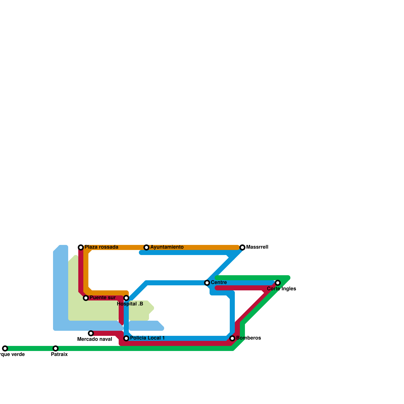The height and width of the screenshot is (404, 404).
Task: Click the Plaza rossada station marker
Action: [81, 247]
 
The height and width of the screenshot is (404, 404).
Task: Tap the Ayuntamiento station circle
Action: [146, 247]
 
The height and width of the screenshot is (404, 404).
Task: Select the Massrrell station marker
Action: [242, 247]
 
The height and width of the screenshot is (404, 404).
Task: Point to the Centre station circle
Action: [207, 283]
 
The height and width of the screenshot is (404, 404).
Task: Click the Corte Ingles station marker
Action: [278, 283]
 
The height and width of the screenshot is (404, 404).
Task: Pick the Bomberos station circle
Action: [232, 338]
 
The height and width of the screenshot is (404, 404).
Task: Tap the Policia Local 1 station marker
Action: [126, 338]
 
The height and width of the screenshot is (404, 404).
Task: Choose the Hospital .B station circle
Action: [126, 298]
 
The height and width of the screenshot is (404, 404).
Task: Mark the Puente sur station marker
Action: [86, 298]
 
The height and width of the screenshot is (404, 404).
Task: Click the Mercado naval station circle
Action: [91, 333]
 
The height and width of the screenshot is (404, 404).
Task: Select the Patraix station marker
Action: [56, 348]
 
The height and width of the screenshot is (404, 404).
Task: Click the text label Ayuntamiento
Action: [167, 247]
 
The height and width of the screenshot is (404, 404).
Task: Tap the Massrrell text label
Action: [257, 247]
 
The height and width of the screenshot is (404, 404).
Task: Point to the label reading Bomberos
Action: [248, 338]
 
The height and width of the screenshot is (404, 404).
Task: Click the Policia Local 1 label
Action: [147, 338]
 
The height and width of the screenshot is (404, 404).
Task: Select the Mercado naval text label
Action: [95, 339]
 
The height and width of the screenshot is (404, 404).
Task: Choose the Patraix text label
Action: [59, 354]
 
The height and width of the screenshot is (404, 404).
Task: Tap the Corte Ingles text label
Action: [281, 289]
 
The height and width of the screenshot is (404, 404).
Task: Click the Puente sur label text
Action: [103, 297]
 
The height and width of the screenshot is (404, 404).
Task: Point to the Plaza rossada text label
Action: [101, 247]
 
